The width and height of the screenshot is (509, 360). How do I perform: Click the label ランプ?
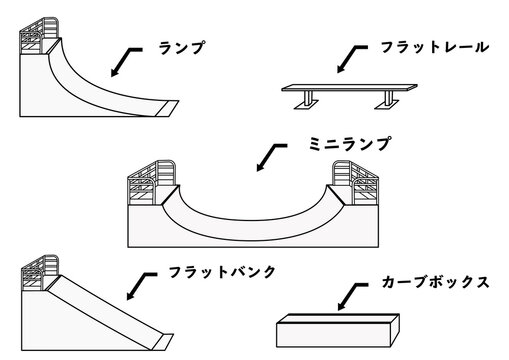(181, 48)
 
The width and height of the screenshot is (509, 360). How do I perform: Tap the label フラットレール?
(435, 47)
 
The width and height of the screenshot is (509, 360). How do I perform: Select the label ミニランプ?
(349, 144)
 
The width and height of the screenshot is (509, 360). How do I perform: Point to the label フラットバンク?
(222, 272)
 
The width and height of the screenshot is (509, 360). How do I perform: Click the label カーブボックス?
(435, 282)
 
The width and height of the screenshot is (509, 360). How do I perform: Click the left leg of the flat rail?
(309, 97)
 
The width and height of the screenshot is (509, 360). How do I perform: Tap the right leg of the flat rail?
(388, 97)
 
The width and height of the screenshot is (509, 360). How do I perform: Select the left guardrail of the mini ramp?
(152, 182)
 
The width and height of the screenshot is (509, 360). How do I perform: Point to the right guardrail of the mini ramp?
(356, 182)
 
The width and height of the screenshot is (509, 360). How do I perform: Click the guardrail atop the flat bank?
(40, 273)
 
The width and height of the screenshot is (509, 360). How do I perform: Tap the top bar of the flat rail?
(349, 88)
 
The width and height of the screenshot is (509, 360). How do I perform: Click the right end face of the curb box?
(395, 330)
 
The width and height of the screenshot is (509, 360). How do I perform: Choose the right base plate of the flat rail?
(387, 105)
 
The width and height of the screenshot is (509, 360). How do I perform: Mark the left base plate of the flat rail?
(307, 105)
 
